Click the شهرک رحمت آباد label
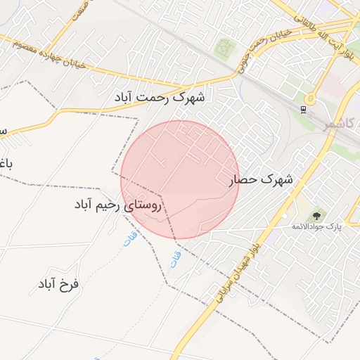160,96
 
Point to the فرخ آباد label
58,284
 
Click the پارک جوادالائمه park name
316,227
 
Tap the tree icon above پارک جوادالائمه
316,214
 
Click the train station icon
302,109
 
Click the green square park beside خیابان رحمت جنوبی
224,48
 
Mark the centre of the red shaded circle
180,179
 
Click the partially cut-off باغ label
6,164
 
